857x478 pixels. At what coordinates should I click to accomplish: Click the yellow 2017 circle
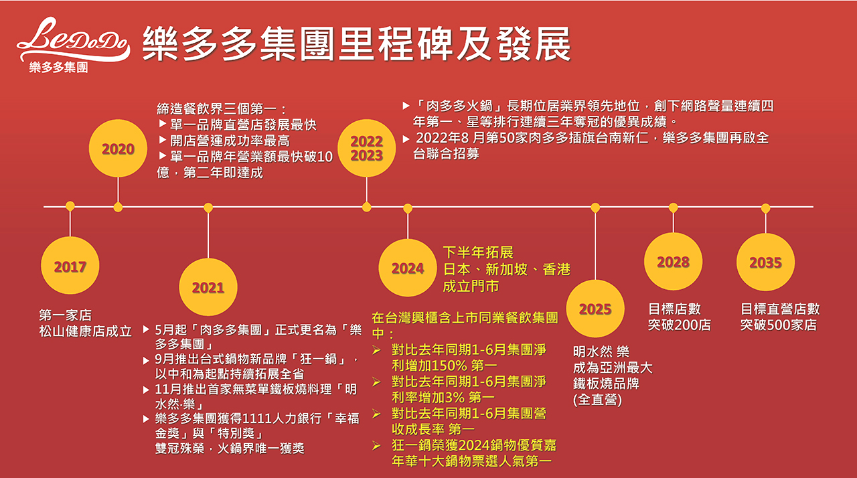pyautogui.click(x=70, y=266)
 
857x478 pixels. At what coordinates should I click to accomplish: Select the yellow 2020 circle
pyautogui.click(x=118, y=149)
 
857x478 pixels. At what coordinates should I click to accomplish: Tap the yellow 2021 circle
pyautogui.click(x=208, y=287)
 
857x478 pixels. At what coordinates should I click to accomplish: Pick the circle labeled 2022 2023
pyautogui.click(x=366, y=149)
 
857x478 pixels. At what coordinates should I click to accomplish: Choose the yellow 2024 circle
pyautogui.click(x=408, y=268)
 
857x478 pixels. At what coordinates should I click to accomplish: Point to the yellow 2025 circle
pyautogui.click(x=595, y=309)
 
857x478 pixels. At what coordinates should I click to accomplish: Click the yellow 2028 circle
pyautogui.click(x=674, y=262)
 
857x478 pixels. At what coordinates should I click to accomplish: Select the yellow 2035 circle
pyautogui.click(x=765, y=262)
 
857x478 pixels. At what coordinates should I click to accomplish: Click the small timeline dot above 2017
pyautogui.click(x=70, y=206)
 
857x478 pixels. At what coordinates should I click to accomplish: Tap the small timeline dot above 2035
pyautogui.click(x=765, y=208)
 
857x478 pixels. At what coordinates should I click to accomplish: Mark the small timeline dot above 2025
pyautogui.click(x=595, y=208)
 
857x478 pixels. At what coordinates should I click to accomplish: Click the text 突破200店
pyautogui.click(x=680, y=325)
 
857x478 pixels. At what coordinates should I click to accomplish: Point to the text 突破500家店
pyautogui.click(x=779, y=325)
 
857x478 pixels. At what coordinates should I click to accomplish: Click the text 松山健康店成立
pyautogui.click(x=85, y=331)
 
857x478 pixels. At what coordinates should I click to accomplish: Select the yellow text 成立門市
pyautogui.click(x=471, y=287)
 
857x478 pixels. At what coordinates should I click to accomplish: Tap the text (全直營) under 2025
pyautogui.click(x=598, y=400)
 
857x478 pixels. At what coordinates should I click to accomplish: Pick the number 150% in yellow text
pyautogui.click(x=443, y=366)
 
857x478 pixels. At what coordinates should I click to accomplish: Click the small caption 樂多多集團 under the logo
pyautogui.click(x=58, y=68)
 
